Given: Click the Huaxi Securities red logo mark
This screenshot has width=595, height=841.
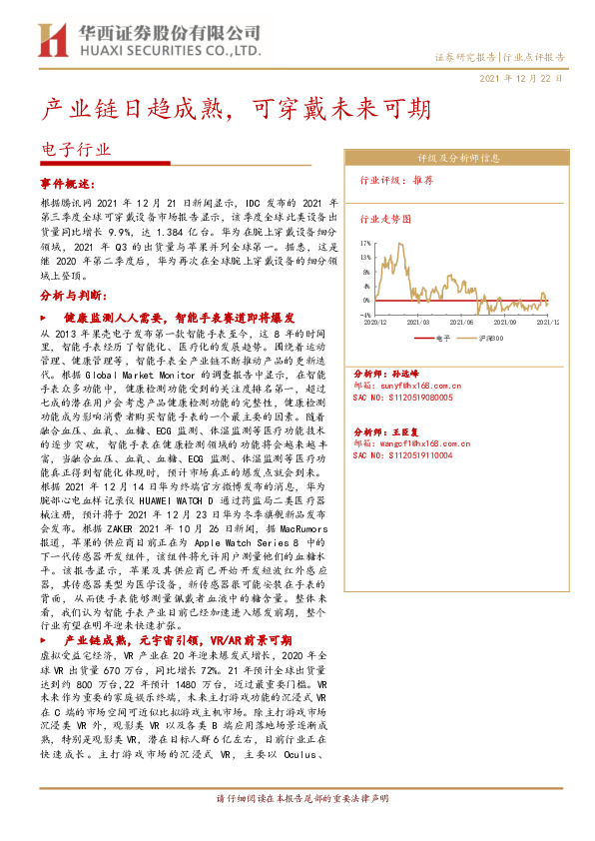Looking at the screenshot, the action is (50, 39).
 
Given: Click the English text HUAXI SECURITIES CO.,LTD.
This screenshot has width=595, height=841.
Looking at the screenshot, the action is (167, 49).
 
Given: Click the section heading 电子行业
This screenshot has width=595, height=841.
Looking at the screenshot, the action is (75, 151).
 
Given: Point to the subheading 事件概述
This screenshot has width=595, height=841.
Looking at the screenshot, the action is (67, 184).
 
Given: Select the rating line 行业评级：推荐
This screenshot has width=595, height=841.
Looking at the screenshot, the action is (396, 182).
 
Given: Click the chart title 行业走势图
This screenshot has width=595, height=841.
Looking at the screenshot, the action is (384, 217).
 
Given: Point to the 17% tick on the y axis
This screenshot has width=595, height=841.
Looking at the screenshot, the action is (365, 242).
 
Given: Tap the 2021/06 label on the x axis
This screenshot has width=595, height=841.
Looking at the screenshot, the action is (461, 323).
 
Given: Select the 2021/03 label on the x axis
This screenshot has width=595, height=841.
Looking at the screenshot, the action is (419, 323).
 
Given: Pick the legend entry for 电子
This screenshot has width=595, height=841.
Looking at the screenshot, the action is (436, 339).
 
